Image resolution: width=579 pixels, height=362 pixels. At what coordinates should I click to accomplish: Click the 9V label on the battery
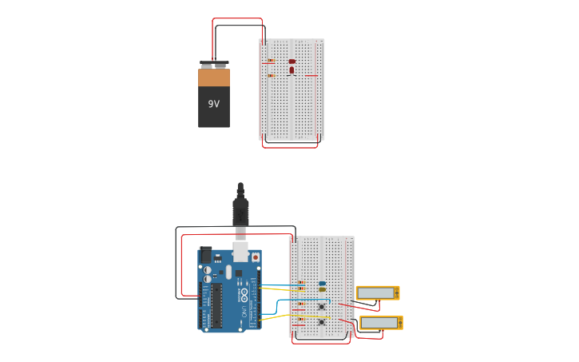(x=213, y=104)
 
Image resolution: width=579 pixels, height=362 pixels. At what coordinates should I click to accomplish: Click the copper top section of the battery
(x=213, y=78)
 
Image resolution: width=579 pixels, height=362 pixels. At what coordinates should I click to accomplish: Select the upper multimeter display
(x=377, y=293)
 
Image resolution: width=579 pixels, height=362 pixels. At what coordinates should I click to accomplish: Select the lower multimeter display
(x=380, y=323)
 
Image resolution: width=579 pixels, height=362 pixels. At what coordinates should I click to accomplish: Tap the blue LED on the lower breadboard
(x=322, y=283)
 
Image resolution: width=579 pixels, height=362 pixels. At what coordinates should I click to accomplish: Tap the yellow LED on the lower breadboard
(x=322, y=289)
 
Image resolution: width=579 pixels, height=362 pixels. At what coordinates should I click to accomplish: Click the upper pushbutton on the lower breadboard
(x=322, y=306)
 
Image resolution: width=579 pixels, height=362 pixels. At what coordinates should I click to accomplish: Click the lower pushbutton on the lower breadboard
(x=322, y=322)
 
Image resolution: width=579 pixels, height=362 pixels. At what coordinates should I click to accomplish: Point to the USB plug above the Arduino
(x=240, y=211)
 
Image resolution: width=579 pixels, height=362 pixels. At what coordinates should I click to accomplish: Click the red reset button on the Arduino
(x=256, y=257)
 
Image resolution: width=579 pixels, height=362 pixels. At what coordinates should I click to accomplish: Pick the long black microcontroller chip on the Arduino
(x=216, y=304)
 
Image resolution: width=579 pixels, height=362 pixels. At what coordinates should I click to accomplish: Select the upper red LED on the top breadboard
(x=292, y=61)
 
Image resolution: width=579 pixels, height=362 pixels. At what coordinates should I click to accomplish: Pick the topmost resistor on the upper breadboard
(x=271, y=60)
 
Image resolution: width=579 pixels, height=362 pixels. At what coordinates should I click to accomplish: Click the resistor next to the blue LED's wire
(x=301, y=283)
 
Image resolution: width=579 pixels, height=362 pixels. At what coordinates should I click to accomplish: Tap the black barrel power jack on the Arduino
(x=206, y=256)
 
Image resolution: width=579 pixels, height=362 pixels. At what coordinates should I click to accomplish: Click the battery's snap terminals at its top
(x=213, y=64)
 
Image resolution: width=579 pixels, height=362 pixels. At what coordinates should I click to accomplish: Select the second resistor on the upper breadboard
(x=271, y=75)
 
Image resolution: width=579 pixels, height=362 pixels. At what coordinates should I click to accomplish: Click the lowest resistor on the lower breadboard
(x=301, y=320)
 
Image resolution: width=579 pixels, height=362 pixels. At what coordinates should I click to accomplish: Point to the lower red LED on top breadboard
(x=291, y=70)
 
